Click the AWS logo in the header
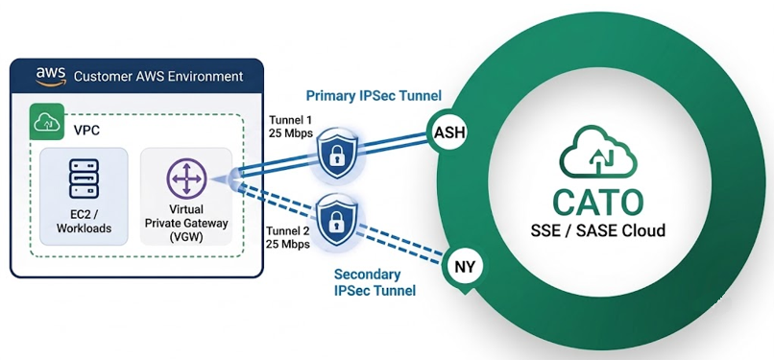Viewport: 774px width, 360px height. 50,76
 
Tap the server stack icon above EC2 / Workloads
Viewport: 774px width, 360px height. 84,179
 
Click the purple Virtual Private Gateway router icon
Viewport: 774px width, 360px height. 186,179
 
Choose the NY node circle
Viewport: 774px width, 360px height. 464,268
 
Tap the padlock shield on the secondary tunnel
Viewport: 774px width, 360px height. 338,220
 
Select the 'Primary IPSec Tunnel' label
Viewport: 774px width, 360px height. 374,96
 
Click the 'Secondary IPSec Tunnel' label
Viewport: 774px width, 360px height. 375,282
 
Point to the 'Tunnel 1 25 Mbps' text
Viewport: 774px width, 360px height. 289,127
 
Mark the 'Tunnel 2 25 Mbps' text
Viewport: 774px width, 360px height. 288,237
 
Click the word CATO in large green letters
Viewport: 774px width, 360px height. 597,202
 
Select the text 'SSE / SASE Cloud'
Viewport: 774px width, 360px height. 597,230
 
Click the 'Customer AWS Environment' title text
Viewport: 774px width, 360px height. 157,77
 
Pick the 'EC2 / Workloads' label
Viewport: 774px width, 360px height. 84,222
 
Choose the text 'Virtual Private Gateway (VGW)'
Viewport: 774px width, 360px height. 186,224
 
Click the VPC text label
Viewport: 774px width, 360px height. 85,132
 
